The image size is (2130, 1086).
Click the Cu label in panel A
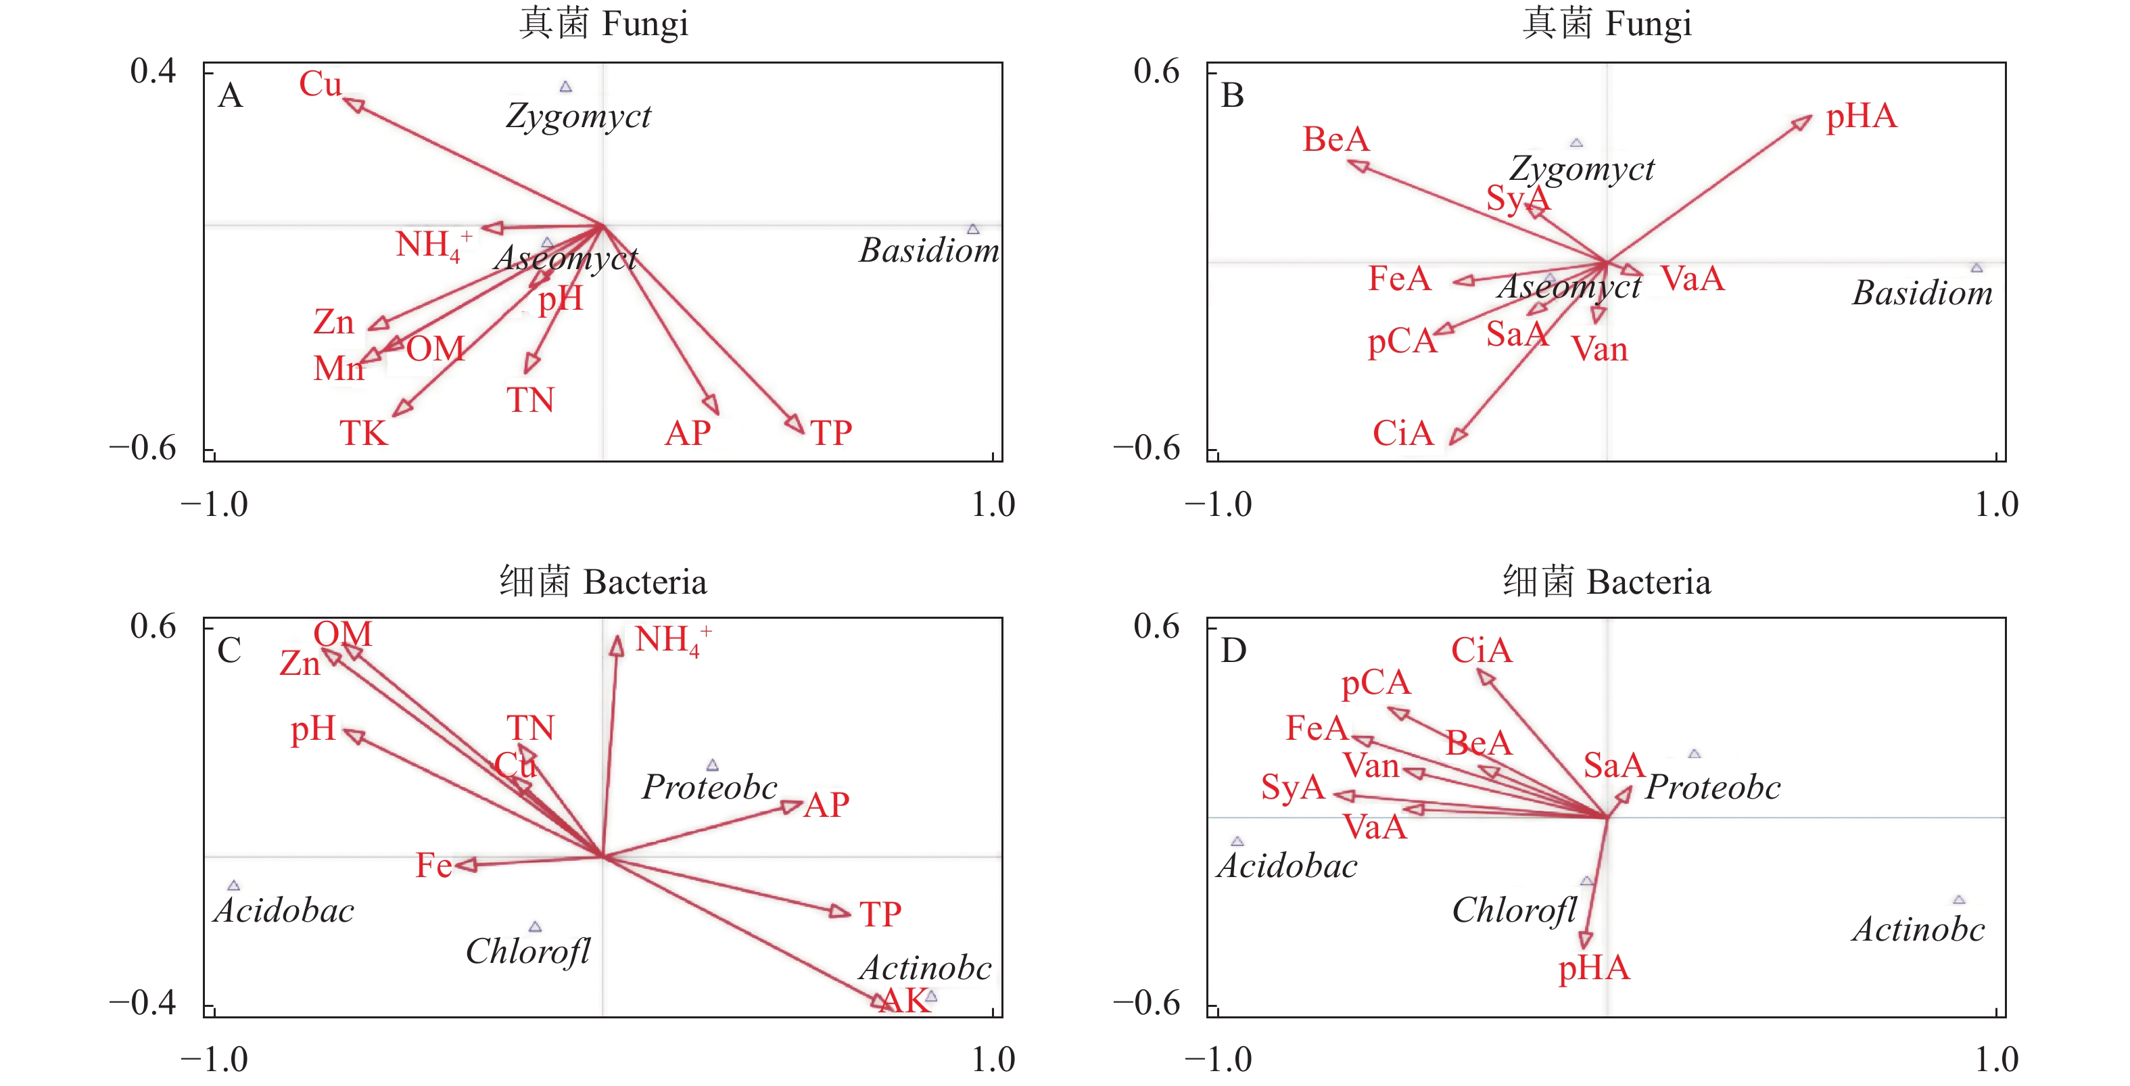click(x=320, y=85)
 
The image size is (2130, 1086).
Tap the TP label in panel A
click(x=831, y=433)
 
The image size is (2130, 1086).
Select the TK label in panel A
click(x=363, y=433)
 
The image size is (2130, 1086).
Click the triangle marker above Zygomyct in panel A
click(x=565, y=87)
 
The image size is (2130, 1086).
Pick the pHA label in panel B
click(x=1862, y=116)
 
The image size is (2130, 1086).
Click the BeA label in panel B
click(x=1335, y=139)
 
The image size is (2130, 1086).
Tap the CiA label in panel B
click(x=1402, y=433)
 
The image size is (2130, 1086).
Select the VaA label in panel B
click(x=1692, y=279)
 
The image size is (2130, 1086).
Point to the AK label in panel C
click(x=904, y=1001)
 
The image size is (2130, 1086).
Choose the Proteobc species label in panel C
click(x=709, y=787)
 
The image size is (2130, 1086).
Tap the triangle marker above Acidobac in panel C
click(x=234, y=886)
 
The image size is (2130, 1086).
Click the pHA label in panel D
click(x=1593, y=968)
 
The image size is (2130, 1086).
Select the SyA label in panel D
click(x=1292, y=787)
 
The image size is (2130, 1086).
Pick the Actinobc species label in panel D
click(x=1918, y=930)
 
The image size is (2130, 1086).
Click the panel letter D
click(x=1233, y=651)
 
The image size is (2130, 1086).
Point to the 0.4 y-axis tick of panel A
click(x=153, y=71)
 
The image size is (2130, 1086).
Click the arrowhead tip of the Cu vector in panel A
click(x=346, y=101)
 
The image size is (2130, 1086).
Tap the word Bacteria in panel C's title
click(x=645, y=582)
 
